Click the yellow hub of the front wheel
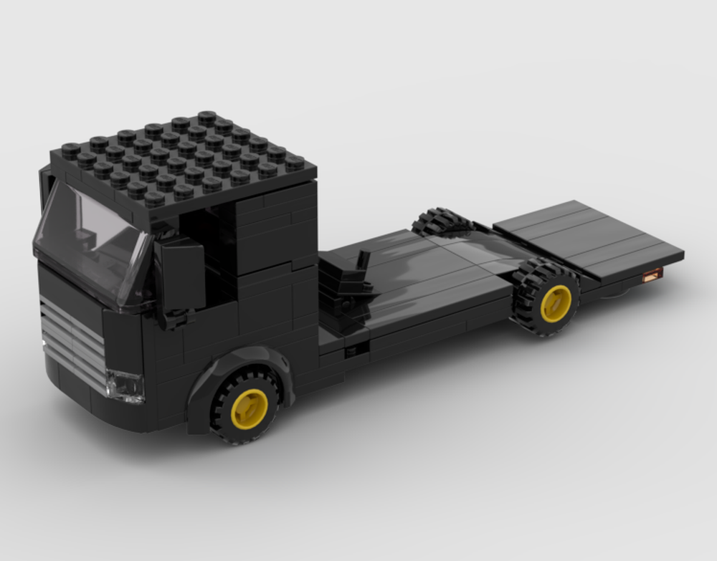coord(249,408)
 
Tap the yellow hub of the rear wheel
coord(556,303)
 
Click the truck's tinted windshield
coord(90,236)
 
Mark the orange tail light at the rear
coord(652,274)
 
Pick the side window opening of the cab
coord(215,251)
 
